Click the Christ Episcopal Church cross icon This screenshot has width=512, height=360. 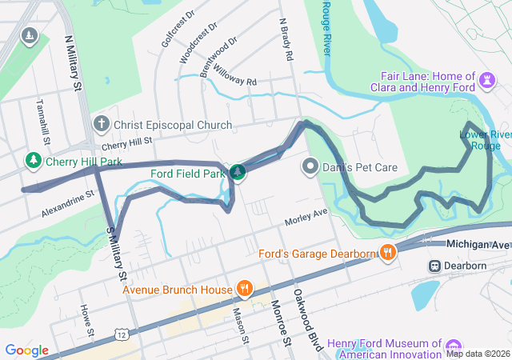coord(102,124)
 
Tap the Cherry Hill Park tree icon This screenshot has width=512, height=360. coord(34,161)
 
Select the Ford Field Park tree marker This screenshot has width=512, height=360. coord(238,172)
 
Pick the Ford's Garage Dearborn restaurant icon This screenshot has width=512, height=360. coord(387,254)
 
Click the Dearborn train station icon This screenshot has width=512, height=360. coord(435,266)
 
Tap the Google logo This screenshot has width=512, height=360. coord(27,350)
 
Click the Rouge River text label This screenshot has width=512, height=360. coord(326,27)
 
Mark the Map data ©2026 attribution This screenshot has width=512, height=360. coord(477,354)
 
